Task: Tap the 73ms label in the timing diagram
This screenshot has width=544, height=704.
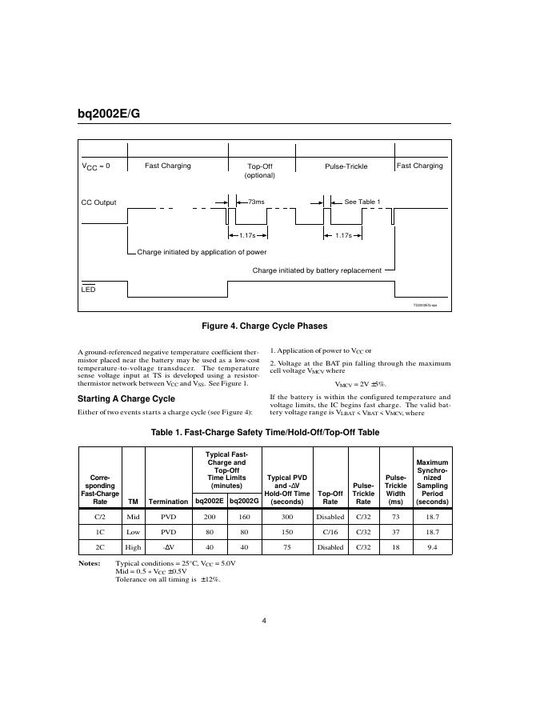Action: [x=256, y=202]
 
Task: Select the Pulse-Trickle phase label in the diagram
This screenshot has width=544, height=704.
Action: [x=346, y=166]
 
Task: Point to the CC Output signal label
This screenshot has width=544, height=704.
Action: [x=98, y=202]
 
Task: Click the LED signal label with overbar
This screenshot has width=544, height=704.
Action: [x=88, y=289]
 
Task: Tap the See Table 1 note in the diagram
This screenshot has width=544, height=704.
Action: [x=362, y=202]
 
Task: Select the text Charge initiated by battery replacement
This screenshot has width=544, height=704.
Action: [x=317, y=270]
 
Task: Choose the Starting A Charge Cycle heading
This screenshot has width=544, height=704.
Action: [x=126, y=398]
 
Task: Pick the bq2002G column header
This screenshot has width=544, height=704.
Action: [x=245, y=502]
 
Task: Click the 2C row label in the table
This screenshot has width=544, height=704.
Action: [x=100, y=547]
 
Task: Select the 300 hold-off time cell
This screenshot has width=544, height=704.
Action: [x=287, y=517]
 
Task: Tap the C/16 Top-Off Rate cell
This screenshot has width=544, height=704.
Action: [x=330, y=532]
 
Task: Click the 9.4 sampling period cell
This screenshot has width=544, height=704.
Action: [x=432, y=547]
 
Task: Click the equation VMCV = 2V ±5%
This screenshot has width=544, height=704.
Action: [x=360, y=384]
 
